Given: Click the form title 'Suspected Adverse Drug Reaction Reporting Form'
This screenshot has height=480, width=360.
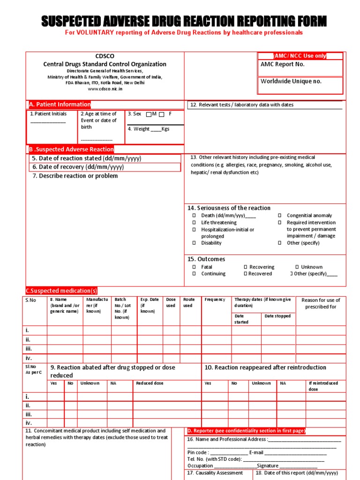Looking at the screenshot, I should tap(184, 21).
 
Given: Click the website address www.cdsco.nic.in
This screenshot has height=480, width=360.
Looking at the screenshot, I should tap(105, 89).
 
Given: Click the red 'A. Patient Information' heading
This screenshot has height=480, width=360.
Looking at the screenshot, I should tap(60, 105).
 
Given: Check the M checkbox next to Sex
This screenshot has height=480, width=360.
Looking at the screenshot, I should tap(149, 114).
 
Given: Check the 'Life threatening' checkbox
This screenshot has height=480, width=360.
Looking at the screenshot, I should tap(194, 223).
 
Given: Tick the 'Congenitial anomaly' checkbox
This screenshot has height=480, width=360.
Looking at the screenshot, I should tap(279, 216).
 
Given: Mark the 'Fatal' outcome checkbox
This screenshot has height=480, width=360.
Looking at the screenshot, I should tap(194, 267).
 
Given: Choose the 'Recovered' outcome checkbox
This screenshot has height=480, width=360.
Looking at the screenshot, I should tap(245, 274).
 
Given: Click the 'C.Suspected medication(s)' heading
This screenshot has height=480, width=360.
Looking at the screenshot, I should tap(61, 291).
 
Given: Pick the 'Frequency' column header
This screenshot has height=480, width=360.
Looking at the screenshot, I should tap(215, 300).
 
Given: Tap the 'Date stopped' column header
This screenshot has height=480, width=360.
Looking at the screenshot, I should tap(277, 316).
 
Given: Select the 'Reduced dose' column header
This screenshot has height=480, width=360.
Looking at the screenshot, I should tap(150, 383).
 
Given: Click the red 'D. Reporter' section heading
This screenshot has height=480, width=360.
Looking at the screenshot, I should tap(246, 431).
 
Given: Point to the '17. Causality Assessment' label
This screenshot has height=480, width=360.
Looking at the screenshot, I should tap(215, 473).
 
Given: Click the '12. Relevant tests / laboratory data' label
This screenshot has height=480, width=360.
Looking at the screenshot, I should tap(241, 105).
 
